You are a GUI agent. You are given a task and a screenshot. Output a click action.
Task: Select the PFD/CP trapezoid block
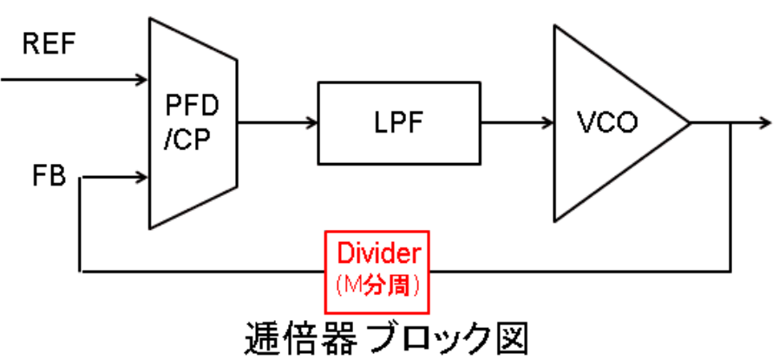pos(193,124)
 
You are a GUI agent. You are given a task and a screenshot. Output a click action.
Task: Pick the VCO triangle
pos(607,124)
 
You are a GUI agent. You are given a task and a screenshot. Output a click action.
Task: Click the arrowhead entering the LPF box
pos(312,123)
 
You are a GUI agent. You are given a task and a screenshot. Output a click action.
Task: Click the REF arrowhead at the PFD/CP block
pos(143,81)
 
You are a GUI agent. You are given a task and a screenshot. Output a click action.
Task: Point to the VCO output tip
pos(690,123)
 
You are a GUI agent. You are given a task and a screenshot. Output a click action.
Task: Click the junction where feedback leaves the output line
pos(731,123)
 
